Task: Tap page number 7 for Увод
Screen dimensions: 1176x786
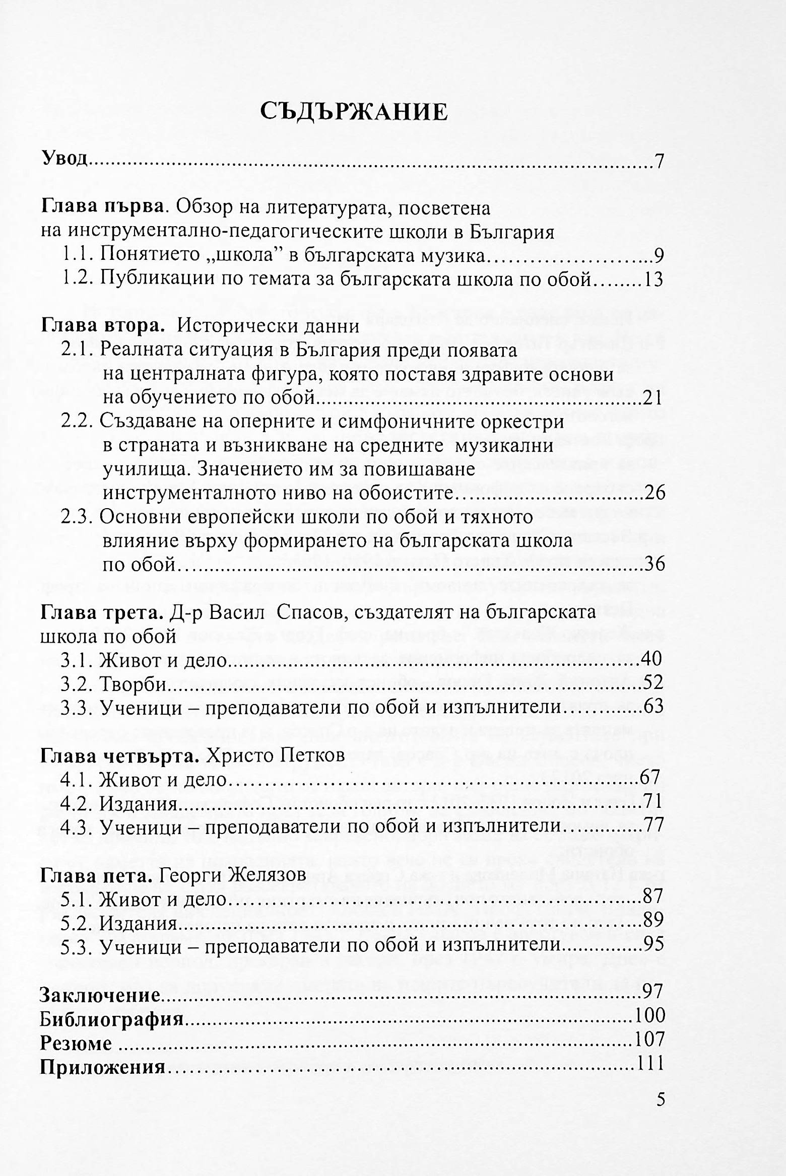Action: [659, 162]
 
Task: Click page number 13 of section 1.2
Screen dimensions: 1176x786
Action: [653, 280]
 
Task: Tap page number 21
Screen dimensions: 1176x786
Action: [652, 398]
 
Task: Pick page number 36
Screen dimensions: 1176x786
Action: [654, 564]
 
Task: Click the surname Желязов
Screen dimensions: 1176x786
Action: [267, 875]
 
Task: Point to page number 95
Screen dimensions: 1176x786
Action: [654, 944]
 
